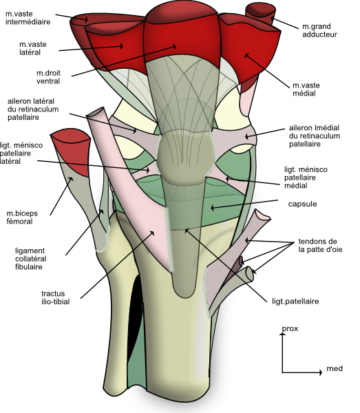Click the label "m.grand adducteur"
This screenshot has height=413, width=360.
(321, 31)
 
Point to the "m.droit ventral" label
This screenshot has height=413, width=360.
(50, 76)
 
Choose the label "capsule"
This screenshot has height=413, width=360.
(301, 204)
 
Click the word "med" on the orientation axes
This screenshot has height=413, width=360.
(335, 370)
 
